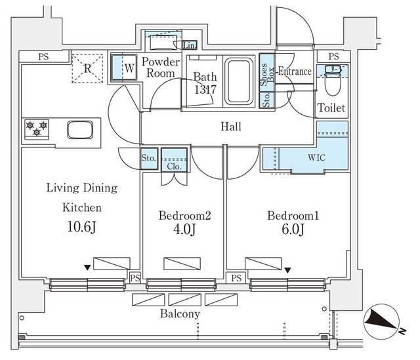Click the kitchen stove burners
pos(36,127)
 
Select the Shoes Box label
pos(266,73)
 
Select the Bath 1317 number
pos(205,90)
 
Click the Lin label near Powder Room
pos(189,45)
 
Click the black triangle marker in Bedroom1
pos(288,268)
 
